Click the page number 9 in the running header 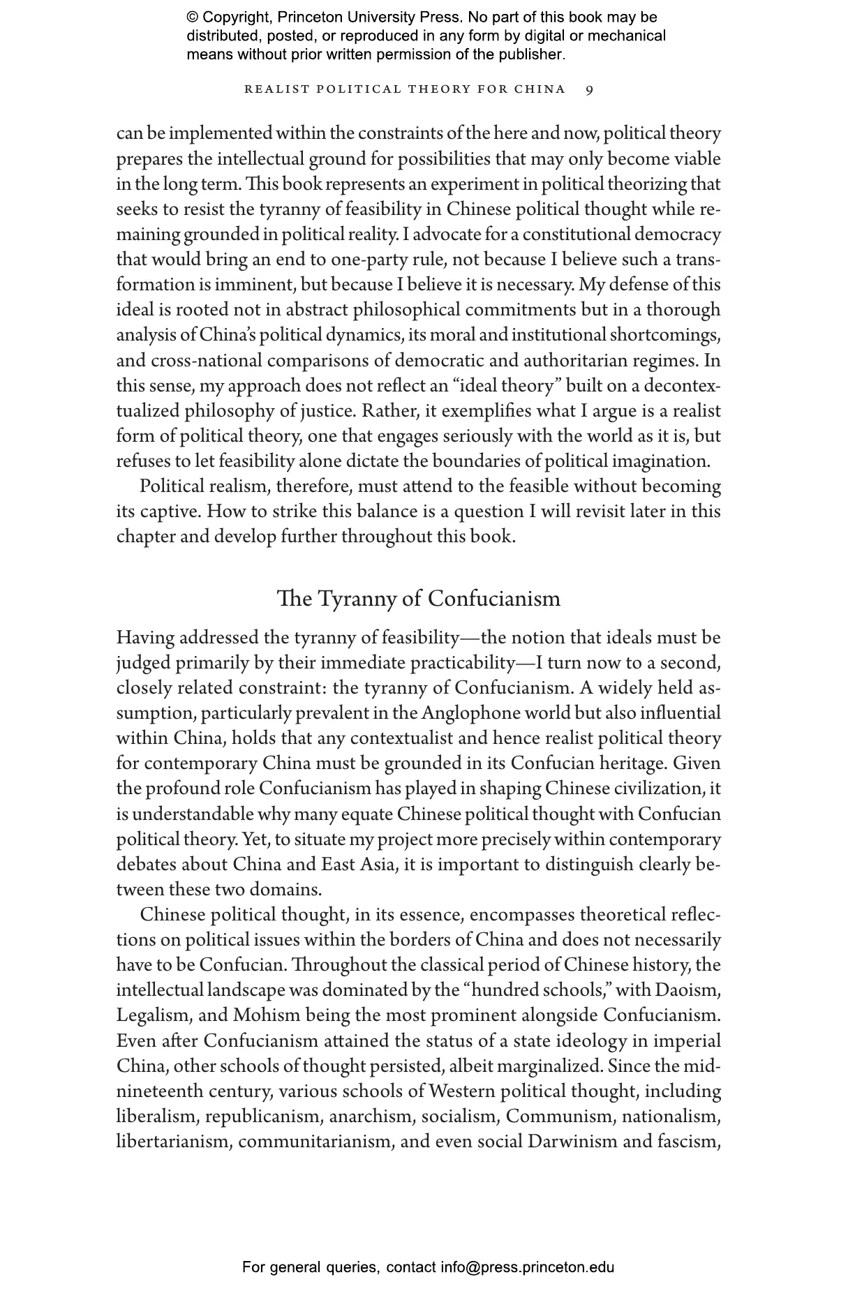point(590,89)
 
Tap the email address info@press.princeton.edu point(527,1267)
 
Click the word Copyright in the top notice point(236,17)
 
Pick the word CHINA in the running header point(540,89)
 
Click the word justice point(327,411)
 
